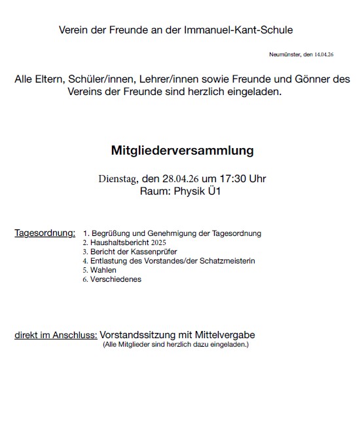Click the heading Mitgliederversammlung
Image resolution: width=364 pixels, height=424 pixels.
coord(182,151)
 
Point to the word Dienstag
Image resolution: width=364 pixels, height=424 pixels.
coord(118,179)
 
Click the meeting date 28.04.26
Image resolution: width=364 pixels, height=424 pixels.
coord(180,179)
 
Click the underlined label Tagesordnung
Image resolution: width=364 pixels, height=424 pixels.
coord(45,233)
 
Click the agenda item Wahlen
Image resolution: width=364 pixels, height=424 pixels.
coord(103,270)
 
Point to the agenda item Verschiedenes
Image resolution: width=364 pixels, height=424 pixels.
coord(116,279)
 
